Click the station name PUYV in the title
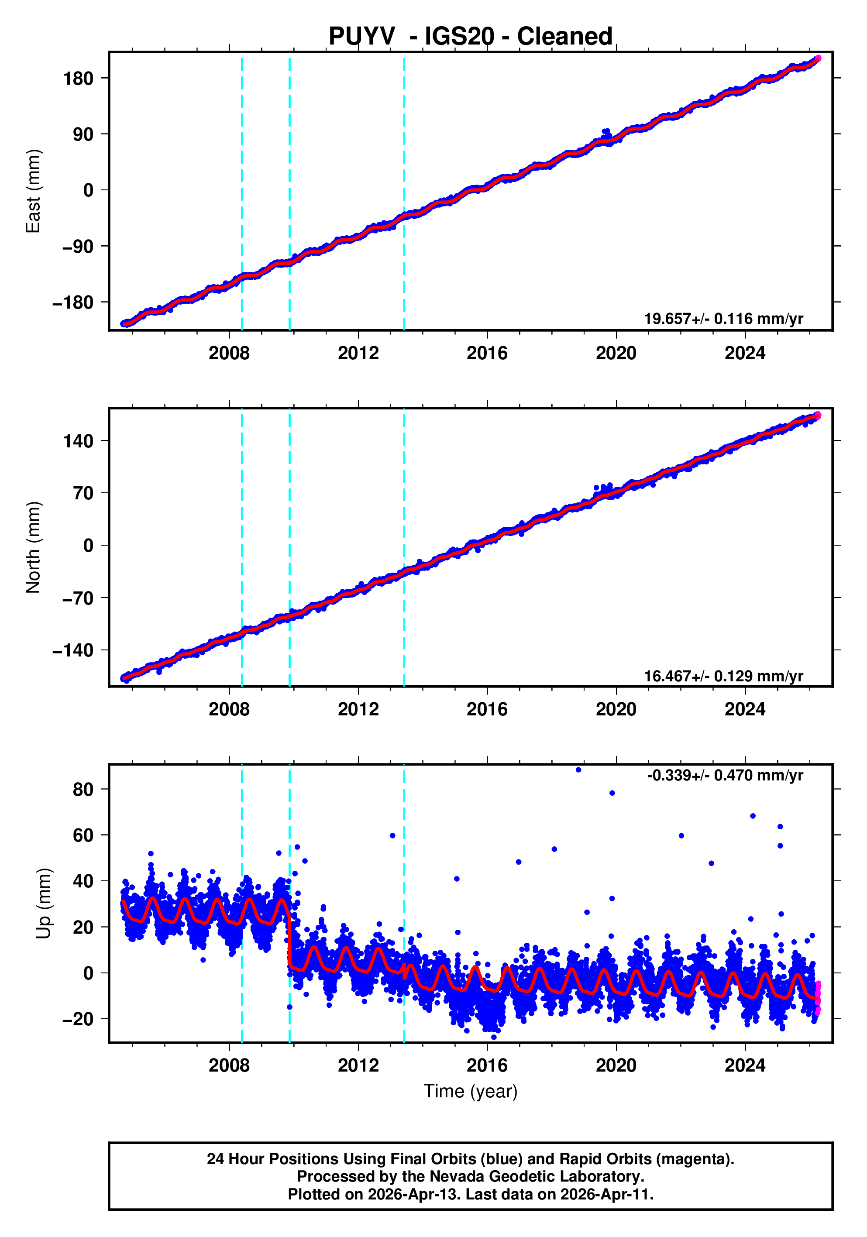click(361, 37)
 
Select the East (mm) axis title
click(34, 191)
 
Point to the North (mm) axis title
click(34, 547)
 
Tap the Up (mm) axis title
click(44, 904)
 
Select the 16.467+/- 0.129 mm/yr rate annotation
click(723, 676)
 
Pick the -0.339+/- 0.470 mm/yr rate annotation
click(725, 775)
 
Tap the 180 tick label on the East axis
click(78, 79)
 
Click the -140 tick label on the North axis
click(73, 651)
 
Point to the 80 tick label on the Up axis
click(83, 789)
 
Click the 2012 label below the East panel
click(358, 354)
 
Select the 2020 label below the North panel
click(616, 710)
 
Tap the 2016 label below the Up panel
click(487, 1065)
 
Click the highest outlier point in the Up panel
click(578, 770)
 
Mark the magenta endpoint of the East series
click(818, 58)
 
